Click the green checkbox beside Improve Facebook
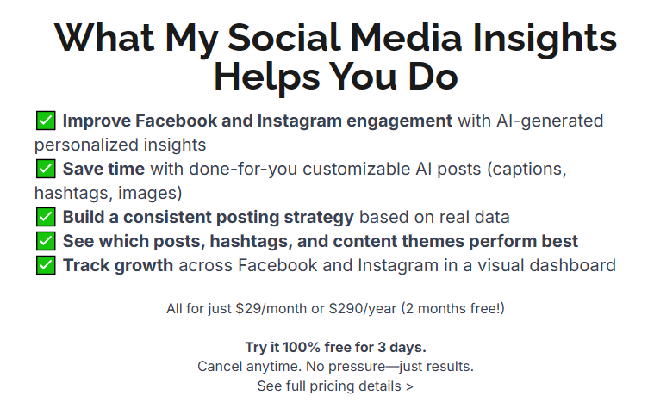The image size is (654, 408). [46, 121]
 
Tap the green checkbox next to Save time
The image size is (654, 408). [46, 169]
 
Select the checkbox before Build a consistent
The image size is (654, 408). [46, 217]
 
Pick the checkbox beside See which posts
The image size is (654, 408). [46, 241]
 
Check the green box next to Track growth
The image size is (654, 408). [46, 265]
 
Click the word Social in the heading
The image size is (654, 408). [284, 38]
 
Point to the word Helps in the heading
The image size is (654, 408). [267, 77]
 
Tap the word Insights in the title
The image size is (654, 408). [545, 39]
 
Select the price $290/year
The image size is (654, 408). [363, 309]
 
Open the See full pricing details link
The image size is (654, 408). [335, 386]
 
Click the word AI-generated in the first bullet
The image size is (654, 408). [550, 121]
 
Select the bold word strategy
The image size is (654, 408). [319, 218]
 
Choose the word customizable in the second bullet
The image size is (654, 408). [357, 170]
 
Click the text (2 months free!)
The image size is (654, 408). [453, 309]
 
